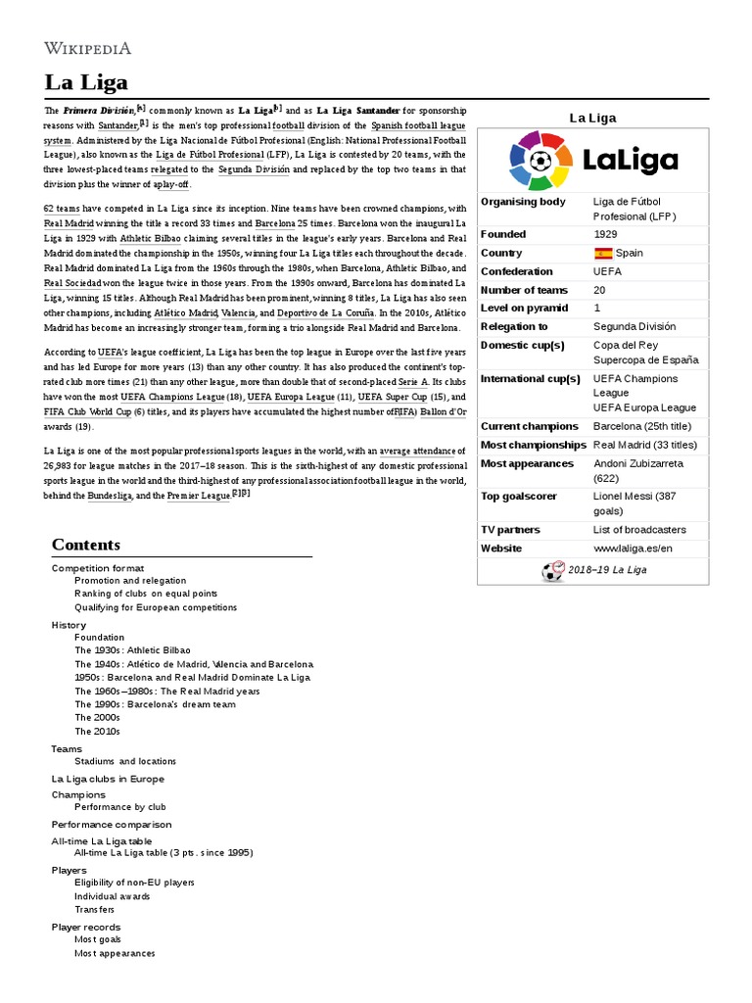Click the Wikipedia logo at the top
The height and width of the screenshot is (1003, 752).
pos(87,47)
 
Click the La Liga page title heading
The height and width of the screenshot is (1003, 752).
pos(85,81)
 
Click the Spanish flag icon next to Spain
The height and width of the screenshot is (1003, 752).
pos(602,253)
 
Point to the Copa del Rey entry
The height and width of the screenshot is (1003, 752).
pos(626,345)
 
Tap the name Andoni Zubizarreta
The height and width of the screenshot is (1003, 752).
pos(638,463)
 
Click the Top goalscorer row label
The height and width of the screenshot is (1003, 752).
pos(519,497)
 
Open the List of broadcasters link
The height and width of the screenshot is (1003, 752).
pos(639,530)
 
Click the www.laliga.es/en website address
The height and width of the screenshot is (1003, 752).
pos(633,549)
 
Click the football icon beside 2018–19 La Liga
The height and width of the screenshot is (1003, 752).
pos(553,571)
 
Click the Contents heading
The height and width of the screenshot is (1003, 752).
pos(86,545)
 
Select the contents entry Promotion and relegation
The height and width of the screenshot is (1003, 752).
pos(130,581)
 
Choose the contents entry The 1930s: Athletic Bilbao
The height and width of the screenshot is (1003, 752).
pos(132,649)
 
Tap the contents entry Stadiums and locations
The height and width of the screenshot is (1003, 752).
pos(125,761)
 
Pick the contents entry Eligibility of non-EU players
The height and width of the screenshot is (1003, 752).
pos(134,883)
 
